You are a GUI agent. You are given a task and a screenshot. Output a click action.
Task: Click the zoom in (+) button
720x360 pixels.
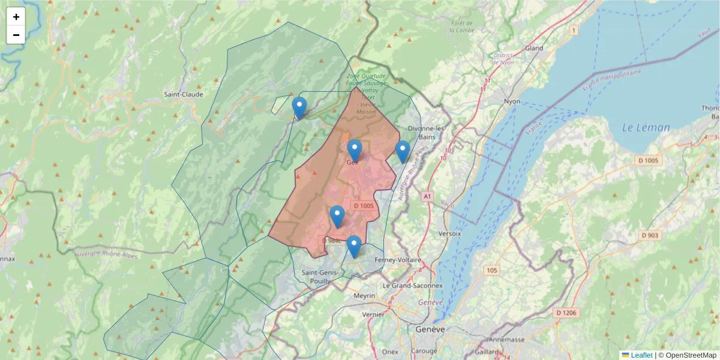point(16,17)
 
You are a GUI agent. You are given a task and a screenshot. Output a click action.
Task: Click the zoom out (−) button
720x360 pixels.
point(16,35)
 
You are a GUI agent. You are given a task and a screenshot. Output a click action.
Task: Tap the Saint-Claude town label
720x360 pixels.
point(184,94)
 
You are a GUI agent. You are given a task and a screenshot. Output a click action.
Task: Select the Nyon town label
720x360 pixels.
point(512,101)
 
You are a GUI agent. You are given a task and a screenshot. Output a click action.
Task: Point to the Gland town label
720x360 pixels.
point(533,48)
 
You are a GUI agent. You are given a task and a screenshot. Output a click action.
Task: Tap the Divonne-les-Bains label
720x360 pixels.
point(427,133)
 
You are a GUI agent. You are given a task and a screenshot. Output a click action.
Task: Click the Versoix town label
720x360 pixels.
point(449,233)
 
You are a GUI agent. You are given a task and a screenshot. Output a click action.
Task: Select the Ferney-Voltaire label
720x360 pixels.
point(398,260)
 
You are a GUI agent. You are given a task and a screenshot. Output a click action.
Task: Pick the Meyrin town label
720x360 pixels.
point(364,296)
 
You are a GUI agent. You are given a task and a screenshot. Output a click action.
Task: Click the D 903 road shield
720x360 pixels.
point(650,235)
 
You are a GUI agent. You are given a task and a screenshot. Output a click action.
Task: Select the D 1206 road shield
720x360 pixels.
point(566,313)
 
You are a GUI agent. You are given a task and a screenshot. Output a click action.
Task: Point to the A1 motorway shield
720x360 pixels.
point(427,196)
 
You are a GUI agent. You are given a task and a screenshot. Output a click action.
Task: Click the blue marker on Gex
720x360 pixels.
point(355,150)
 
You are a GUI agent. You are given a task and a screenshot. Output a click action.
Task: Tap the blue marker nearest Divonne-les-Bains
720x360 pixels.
point(403,151)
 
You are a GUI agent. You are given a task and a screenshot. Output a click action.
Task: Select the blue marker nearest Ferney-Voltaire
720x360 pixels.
point(354,246)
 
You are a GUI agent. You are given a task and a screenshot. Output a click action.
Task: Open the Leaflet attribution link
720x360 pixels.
point(641,355)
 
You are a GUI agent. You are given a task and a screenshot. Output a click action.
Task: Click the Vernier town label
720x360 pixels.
point(373,314)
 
